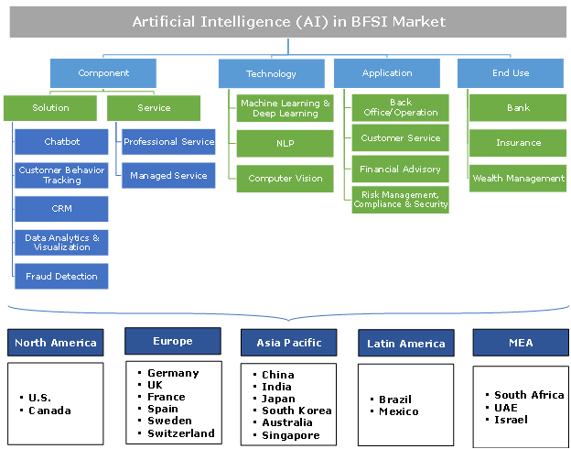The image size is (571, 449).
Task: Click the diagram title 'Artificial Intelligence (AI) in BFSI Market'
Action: [x=288, y=21]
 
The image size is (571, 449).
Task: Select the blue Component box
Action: [x=103, y=73]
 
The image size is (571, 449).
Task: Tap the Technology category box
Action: [x=271, y=73]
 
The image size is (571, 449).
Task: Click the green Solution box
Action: [x=51, y=108]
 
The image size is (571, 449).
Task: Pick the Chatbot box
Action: [x=62, y=142]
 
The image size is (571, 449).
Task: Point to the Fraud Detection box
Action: [x=62, y=276]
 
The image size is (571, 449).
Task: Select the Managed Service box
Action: [x=169, y=175]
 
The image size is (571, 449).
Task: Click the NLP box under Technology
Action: [x=285, y=143]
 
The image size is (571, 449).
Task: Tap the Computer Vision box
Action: [x=285, y=179]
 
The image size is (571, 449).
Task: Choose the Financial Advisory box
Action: [x=400, y=170]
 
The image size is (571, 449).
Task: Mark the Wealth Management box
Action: [x=518, y=179]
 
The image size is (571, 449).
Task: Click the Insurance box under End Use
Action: [x=518, y=143]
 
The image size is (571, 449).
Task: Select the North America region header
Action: [x=55, y=343]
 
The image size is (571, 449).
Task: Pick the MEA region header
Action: [x=520, y=343]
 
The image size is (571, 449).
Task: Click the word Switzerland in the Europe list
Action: [x=181, y=433]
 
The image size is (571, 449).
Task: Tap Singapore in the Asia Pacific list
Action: [x=291, y=435]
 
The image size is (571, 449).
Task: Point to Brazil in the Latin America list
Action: [x=395, y=400]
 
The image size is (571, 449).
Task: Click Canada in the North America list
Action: [x=50, y=411]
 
